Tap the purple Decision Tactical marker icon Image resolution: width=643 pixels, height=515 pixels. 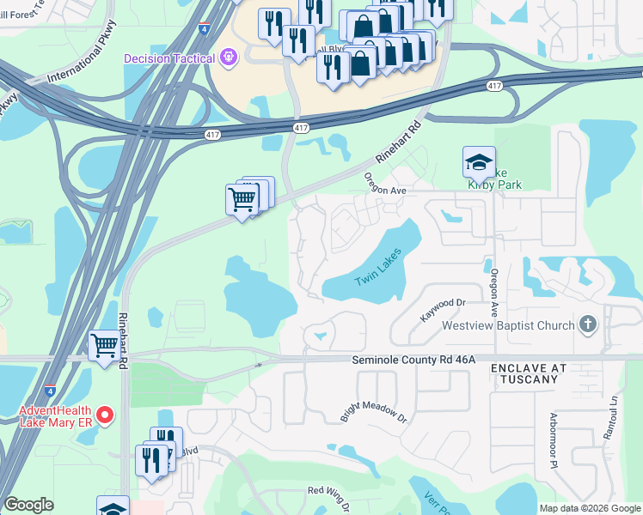[228, 58]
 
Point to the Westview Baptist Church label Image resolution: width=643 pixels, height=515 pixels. [508, 325]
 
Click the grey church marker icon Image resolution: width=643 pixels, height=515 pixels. [588, 324]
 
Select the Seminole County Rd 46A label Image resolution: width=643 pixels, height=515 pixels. [413, 361]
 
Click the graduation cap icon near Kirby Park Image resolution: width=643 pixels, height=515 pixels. [479, 161]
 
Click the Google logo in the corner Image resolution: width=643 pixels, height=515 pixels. [28, 505]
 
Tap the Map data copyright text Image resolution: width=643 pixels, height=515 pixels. [589, 508]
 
